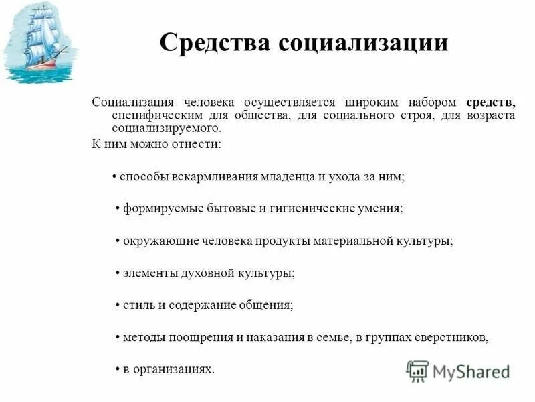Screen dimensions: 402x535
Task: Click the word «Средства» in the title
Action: (x=213, y=44)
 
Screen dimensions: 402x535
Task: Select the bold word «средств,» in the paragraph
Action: (x=490, y=103)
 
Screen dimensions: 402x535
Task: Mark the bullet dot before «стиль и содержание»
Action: (x=117, y=305)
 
